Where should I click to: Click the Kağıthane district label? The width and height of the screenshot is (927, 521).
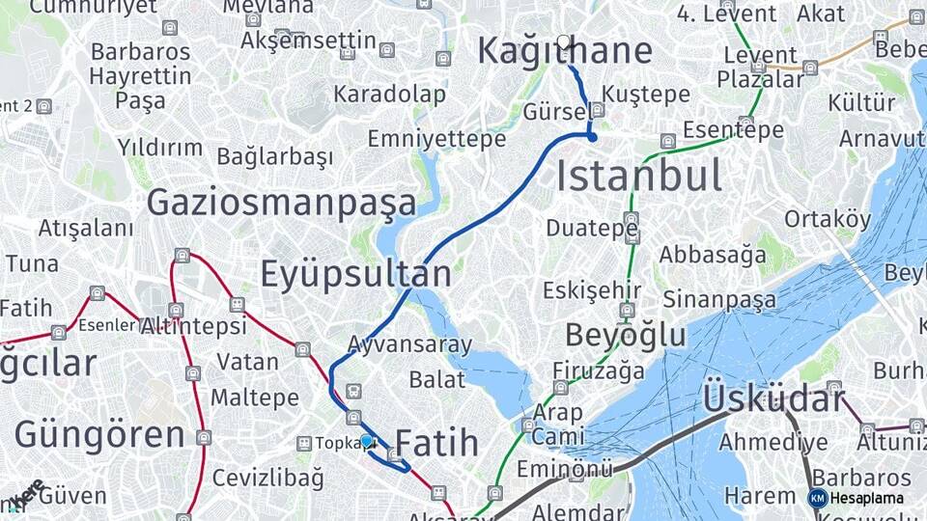pyautogui.click(x=564, y=52)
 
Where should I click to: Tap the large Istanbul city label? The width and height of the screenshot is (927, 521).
pyautogui.click(x=638, y=177)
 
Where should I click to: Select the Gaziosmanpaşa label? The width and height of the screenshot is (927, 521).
pyautogui.click(x=281, y=203)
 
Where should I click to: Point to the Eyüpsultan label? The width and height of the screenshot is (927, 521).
pyautogui.click(x=355, y=275)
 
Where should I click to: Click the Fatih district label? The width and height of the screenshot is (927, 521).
pyautogui.click(x=436, y=443)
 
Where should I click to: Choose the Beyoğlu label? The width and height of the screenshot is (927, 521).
pyautogui.click(x=625, y=336)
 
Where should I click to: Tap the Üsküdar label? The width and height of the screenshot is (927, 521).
pyautogui.click(x=772, y=398)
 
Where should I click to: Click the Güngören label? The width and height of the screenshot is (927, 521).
pyautogui.click(x=99, y=434)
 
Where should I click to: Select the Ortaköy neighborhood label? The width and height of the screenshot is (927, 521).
pyautogui.click(x=827, y=219)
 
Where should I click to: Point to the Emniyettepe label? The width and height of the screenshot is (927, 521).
pyautogui.click(x=436, y=139)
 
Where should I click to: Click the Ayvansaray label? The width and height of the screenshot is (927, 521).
pyautogui.click(x=409, y=344)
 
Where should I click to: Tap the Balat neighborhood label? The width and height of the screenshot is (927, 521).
pyautogui.click(x=436, y=378)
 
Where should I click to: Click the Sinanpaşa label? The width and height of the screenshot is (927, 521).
pyautogui.click(x=718, y=299)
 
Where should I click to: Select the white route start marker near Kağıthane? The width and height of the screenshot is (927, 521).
pyautogui.click(x=564, y=41)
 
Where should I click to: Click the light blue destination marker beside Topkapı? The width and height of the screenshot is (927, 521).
pyautogui.click(x=366, y=441)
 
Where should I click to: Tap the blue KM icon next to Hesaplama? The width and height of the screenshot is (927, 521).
pyautogui.click(x=818, y=498)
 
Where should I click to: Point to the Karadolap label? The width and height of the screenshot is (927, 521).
pyautogui.click(x=389, y=95)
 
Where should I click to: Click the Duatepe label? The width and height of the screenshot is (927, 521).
pyautogui.click(x=591, y=229)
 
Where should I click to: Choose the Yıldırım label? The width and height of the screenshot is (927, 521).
pyautogui.click(x=160, y=148)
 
